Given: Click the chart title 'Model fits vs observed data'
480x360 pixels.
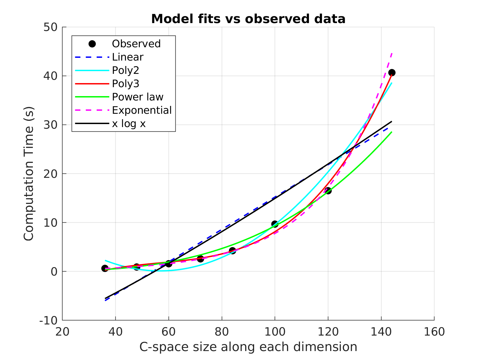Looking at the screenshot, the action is click(248, 19).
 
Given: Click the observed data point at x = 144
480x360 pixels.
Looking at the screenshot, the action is click(392, 72).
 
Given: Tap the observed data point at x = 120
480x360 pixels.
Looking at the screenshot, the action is click(328, 191).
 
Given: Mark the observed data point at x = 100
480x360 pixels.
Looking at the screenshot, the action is click(275, 224).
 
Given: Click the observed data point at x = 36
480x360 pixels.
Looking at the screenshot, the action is click(105, 269).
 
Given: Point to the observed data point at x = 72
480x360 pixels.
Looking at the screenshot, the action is click(200, 259).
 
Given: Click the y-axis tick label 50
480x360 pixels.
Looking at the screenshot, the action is click(50, 27).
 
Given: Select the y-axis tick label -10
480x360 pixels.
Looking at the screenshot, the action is click(49, 320).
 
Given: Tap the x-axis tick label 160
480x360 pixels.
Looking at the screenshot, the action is click(434, 332).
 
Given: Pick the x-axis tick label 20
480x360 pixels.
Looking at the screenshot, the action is click(62, 332).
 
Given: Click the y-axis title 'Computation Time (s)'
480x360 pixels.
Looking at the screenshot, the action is click(29, 173).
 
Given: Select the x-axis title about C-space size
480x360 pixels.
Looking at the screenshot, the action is click(248, 347).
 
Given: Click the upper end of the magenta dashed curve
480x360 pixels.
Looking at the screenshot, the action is click(392, 53).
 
